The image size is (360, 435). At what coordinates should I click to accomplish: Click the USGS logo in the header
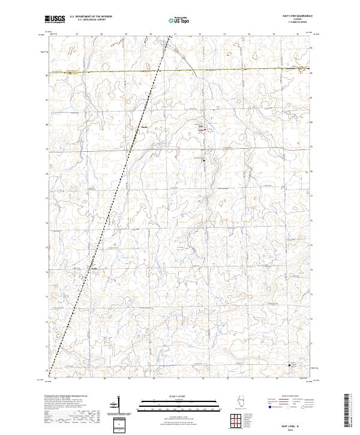click(55, 19)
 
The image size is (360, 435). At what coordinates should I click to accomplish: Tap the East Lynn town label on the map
click(202, 127)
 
